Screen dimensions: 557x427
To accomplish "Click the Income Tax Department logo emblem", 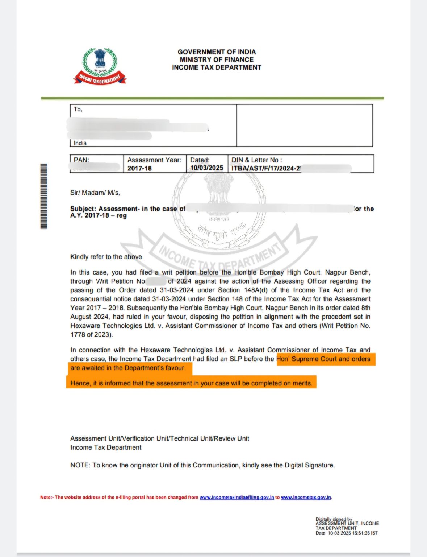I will point(100,66).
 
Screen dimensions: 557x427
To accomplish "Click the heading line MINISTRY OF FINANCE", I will point(217,59).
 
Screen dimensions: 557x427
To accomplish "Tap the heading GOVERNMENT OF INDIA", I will point(217,52).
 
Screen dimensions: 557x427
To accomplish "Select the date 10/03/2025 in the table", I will point(206,168).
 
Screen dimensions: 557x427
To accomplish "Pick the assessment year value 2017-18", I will point(139,168).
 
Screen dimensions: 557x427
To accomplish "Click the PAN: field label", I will point(81,160).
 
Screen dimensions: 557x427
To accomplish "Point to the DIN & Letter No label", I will point(256,160).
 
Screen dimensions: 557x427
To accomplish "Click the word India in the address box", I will point(80,143).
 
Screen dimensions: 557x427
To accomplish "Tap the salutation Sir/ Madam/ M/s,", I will point(95,193).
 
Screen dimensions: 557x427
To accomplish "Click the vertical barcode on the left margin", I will point(43,196).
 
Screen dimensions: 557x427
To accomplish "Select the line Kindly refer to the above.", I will point(107,257).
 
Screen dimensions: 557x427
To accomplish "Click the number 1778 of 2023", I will point(91,334).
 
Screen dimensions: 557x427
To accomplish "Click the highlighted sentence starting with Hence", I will point(191,383).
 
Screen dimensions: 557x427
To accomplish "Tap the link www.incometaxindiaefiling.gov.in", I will point(236,497).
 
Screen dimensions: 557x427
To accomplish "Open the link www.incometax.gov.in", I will point(306,497).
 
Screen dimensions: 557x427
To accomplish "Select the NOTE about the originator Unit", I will point(202,465).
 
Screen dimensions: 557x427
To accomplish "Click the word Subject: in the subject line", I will point(83,209).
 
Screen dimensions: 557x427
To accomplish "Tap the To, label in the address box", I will point(78,109).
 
